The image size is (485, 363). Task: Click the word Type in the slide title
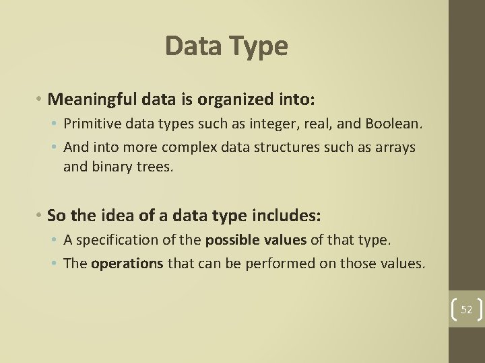click(259, 46)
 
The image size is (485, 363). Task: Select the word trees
click(155, 167)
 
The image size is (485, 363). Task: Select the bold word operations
click(127, 264)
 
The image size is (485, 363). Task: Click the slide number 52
click(467, 310)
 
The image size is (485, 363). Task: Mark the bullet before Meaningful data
click(40, 99)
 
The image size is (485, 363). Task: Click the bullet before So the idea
click(40, 216)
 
